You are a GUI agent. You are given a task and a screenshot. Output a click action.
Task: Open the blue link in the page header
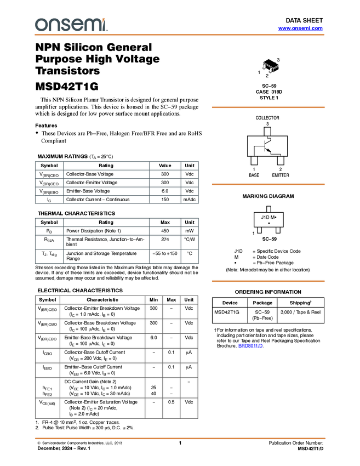[x=300, y=29]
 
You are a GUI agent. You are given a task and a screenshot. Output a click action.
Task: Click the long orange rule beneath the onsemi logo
[x=180, y=35]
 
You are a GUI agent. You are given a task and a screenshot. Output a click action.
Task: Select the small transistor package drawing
[x=271, y=68]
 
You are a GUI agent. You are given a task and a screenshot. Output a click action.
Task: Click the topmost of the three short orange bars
[x=268, y=107]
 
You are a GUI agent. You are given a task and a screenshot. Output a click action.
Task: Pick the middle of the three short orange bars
[x=268, y=184]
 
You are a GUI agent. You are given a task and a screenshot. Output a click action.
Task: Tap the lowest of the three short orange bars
[x=268, y=281]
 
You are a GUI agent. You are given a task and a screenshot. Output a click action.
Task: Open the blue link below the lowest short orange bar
[x=250, y=346]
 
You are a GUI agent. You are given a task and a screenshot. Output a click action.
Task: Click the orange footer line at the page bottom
[x=180, y=439]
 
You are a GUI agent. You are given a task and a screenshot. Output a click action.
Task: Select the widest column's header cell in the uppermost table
[x=106, y=164]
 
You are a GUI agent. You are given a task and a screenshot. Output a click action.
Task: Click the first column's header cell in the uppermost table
[x=49, y=164]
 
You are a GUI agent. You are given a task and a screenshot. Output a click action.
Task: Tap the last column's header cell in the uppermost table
[x=190, y=164]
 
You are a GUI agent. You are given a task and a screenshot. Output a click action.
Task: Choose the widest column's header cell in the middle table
[x=106, y=221]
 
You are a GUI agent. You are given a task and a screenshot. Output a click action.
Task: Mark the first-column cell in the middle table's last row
[x=49, y=257]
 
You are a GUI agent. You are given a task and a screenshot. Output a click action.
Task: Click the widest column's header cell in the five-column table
[x=102, y=299]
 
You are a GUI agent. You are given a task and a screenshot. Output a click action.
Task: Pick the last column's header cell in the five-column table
[x=190, y=299]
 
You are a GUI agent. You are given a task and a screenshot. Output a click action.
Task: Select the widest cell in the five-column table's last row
[x=102, y=408]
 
